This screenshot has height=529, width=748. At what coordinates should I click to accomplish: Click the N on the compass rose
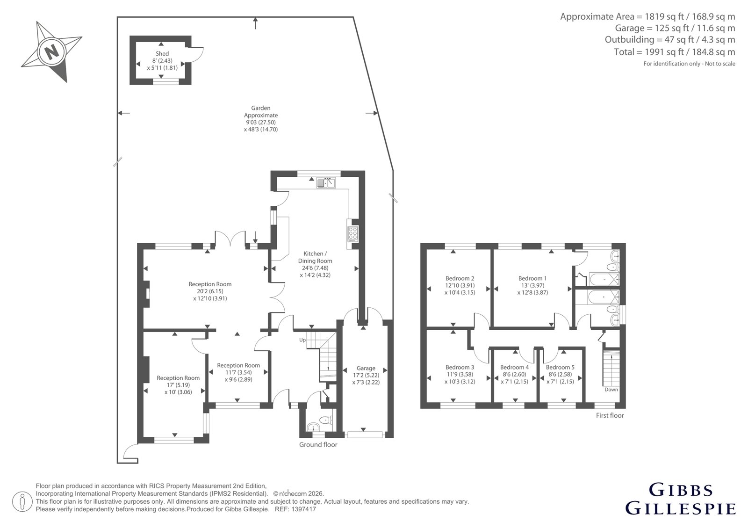(51, 52)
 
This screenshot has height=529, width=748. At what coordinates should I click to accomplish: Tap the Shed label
(162, 53)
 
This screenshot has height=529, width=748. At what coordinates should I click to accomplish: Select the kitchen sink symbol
(326, 183)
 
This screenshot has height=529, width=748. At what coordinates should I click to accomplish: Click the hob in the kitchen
(352, 234)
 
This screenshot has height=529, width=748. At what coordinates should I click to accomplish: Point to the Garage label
(366, 368)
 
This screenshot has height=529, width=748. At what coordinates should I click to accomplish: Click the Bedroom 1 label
(532, 278)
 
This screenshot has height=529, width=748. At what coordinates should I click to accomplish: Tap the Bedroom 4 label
(514, 367)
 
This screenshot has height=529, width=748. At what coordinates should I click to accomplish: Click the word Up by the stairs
(302, 340)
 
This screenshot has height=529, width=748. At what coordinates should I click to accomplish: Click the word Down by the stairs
(611, 389)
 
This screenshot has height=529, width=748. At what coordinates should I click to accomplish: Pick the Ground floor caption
(318, 444)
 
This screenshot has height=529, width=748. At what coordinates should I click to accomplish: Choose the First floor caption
(610, 415)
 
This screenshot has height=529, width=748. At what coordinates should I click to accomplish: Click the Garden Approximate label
(261, 112)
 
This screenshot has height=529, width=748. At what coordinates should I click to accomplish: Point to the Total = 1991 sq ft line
(674, 52)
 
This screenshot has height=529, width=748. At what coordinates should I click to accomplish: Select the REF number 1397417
(303, 509)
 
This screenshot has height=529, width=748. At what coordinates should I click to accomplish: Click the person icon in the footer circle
(22, 501)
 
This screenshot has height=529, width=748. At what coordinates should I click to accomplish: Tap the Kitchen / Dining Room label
(315, 257)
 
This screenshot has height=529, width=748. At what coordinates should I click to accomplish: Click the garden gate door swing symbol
(131, 452)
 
